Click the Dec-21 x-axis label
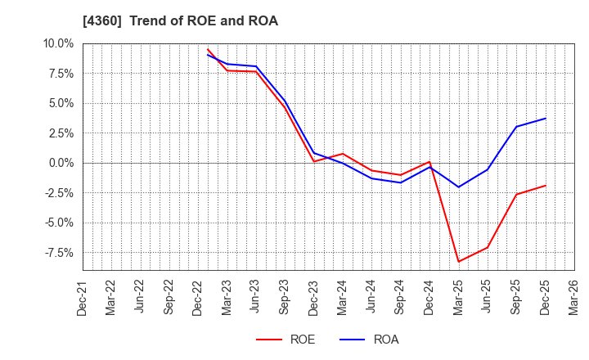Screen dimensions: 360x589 coord(83,298)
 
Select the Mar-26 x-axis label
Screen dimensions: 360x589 coord(575,298)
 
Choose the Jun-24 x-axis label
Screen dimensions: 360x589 coord(372,298)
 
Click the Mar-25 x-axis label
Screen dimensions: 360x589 coord(459,298)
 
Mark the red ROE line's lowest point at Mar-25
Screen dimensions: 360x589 coord(459,262)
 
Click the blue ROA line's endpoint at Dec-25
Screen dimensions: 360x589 coord(546,119)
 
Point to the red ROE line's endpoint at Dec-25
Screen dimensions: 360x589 coord(546,185)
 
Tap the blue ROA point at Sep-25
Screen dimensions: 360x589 coord(517,126)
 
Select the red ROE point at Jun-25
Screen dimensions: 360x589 coord(488,247)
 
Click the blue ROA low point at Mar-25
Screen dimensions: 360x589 coord(459,187)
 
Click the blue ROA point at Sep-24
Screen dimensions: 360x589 coord(401,182)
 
